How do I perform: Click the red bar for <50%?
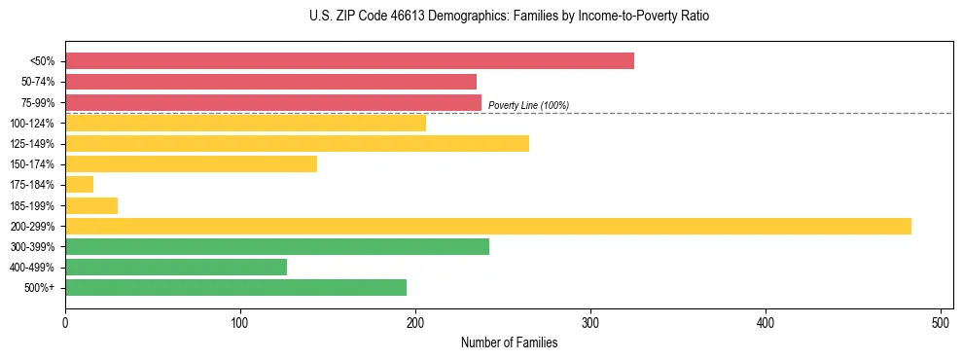349,61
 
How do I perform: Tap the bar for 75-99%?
273,102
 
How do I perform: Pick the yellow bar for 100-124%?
245,123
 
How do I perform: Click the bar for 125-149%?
297,143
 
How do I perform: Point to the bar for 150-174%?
191,163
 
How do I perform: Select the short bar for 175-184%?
79,184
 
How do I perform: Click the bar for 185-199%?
91,205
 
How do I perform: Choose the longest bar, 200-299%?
487,226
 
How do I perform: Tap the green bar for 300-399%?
276,246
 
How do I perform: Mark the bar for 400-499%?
176,267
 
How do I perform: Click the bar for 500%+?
235,287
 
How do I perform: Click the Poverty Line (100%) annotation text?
528,105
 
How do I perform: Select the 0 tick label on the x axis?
65,323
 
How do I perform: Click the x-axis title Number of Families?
509,343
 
